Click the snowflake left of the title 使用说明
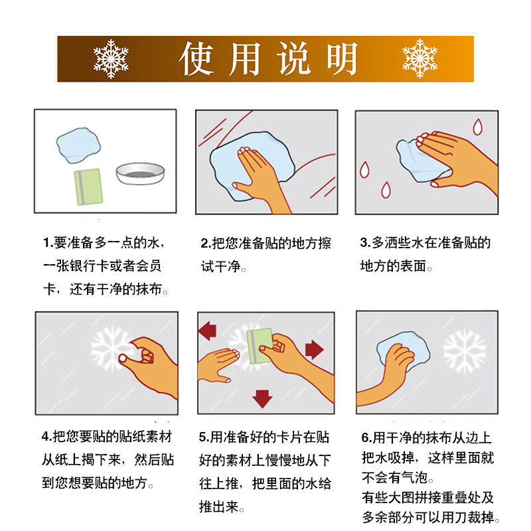coord(111,58)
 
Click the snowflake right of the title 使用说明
coord(420,58)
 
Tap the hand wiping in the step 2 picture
coord(262,174)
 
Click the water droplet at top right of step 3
coord(477,127)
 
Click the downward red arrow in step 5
coord(263,398)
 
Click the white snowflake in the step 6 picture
coord(464,350)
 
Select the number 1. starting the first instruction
coord(47,243)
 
